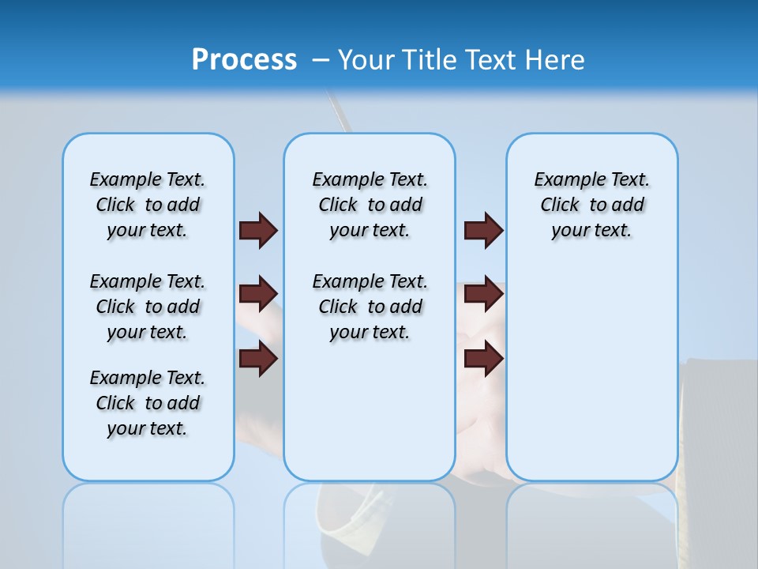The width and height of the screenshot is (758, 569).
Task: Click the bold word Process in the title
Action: click(244, 59)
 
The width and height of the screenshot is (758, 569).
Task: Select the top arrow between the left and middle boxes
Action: click(258, 230)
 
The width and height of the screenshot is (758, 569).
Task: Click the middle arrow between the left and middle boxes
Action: click(258, 294)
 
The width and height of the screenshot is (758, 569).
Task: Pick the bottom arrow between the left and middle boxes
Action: click(258, 359)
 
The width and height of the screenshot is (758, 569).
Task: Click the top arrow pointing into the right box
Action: click(483, 230)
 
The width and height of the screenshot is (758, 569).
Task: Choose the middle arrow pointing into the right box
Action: click(483, 294)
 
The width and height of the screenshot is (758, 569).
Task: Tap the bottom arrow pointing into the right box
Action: click(483, 359)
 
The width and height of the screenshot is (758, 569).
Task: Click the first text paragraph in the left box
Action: click(148, 205)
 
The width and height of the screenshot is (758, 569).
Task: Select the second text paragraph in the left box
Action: click(148, 307)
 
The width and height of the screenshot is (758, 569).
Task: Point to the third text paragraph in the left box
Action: click(148, 403)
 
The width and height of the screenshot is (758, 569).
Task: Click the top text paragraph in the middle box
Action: click(370, 205)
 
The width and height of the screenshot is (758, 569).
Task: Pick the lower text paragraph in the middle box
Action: click(370, 307)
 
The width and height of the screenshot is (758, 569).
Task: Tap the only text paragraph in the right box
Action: click(591, 205)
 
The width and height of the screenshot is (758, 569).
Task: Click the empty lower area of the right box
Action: click(591, 379)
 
